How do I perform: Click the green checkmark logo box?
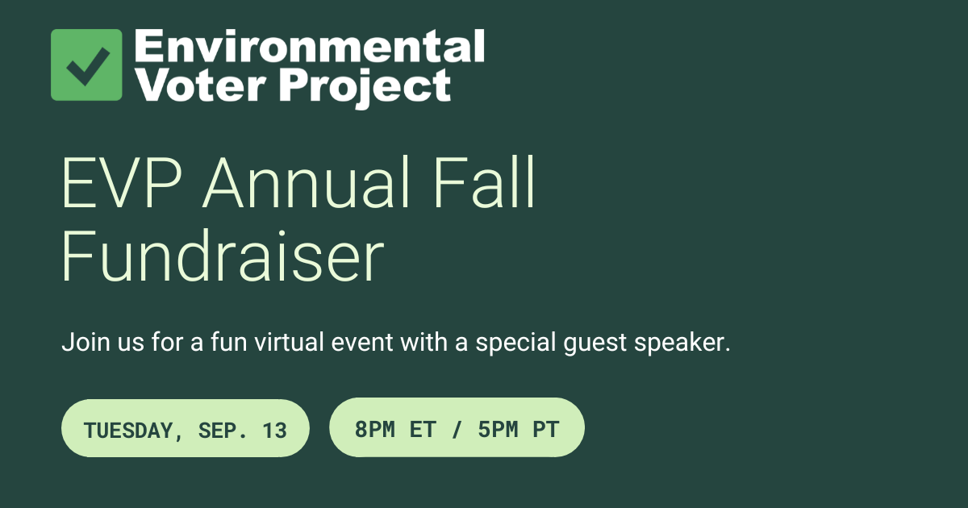(86, 65)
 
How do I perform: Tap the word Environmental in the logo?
(309, 46)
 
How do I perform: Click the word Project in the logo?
(355, 86)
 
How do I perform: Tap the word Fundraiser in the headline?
(223, 257)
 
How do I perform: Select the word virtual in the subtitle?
(286, 343)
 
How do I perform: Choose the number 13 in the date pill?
(274, 430)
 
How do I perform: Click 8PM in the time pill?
(374, 429)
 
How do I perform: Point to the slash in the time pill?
(457, 429)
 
